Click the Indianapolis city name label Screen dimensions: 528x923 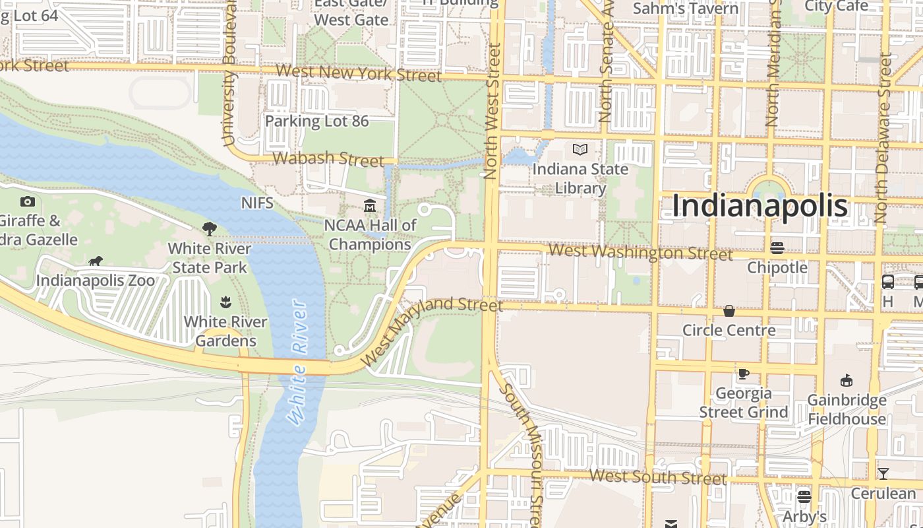(759, 206)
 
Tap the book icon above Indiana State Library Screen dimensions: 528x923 (580, 150)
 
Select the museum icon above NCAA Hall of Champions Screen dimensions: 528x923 (370, 207)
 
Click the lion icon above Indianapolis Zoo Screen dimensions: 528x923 (96, 261)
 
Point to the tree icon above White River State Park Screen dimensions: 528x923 (210, 229)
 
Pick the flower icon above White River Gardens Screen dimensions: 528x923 (225, 303)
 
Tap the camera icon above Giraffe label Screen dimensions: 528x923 (28, 202)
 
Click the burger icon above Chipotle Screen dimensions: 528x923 (777, 248)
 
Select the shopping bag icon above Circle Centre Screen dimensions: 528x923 (729, 311)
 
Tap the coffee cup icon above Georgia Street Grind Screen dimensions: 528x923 (744, 374)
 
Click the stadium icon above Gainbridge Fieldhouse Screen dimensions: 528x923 (847, 381)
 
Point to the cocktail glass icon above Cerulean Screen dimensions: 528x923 (883, 474)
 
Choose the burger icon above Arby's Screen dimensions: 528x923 (804, 496)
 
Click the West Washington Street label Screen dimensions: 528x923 (640, 252)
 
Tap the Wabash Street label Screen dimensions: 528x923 (328, 158)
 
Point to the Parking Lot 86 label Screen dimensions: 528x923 (316, 121)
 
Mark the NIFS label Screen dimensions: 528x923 (257, 203)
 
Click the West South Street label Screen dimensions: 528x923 (657, 477)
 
